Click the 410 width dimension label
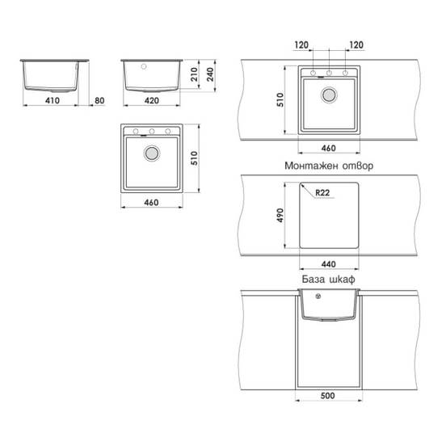[x=53, y=100]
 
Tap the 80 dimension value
[x=99, y=100]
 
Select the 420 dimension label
[x=152, y=100]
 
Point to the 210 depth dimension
[x=194, y=74]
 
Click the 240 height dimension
[x=210, y=74]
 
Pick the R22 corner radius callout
[x=322, y=193]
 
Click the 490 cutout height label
[x=280, y=215]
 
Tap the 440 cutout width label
[x=329, y=264]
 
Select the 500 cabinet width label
[x=328, y=396]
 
